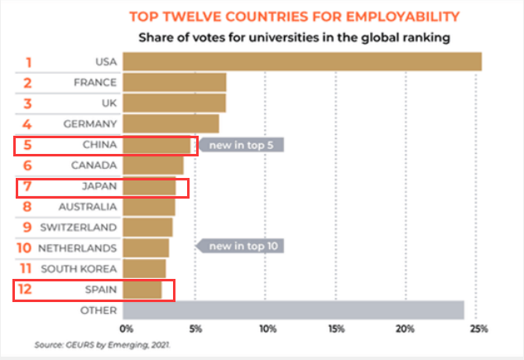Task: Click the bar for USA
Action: [x=302, y=62]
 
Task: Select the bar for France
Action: [x=174, y=83]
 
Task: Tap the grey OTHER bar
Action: [x=293, y=310]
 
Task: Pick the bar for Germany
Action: [x=171, y=124]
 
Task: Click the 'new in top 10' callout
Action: [x=241, y=246]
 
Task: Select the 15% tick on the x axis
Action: [x=336, y=329]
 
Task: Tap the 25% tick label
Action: [x=478, y=329]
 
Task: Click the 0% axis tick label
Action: [x=127, y=329]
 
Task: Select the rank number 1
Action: [x=27, y=62]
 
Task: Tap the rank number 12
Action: [x=27, y=289]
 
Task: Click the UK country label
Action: [x=109, y=103]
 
